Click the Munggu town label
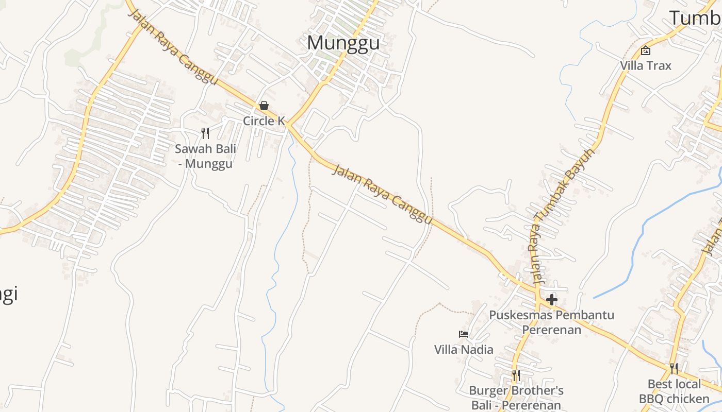pyautogui.click(x=343, y=43)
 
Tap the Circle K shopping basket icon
pyautogui.click(x=264, y=106)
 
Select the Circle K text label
pyautogui.click(x=264, y=121)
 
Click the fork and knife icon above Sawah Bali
pyautogui.click(x=205, y=133)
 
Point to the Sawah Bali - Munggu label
pyautogui.click(x=205, y=157)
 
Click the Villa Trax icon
pyautogui.click(x=645, y=50)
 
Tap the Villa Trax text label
pyautogui.click(x=646, y=66)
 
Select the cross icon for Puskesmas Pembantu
pyautogui.click(x=552, y=299)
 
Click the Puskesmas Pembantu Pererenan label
pyautogui.click(x=552, y=322)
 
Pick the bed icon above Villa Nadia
pyautogui.click(x=464, y=334)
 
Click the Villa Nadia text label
pyautogui.click(x=464, y=350)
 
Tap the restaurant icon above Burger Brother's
pyautogui.click(x=516, y=375)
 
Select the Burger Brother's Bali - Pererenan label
pyautogui.click(x=516, y=398)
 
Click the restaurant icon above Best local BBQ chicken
pyautogui.click(x=674, y=369)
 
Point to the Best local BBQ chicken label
pyautogui.click(x=674, y=391)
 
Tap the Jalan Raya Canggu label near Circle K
pyautogui.click(x=172, y=46)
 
